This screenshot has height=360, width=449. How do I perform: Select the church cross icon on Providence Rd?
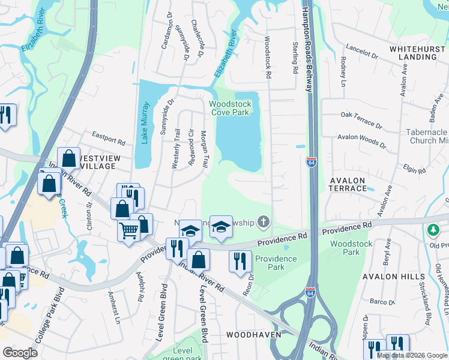(x=262, y=223)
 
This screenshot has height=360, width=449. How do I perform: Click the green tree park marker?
(x=433, y=230)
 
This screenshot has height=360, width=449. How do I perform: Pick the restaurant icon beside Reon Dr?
(x=240, y=260)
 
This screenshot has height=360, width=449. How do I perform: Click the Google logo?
(x=20, y=353)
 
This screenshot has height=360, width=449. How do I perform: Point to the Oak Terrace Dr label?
(x=361, y=119)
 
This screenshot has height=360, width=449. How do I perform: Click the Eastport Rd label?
(x=107, y=139)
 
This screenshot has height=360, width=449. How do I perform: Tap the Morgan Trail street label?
(x=204, y=150)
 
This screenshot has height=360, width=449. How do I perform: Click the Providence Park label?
(x=276, y=263)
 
